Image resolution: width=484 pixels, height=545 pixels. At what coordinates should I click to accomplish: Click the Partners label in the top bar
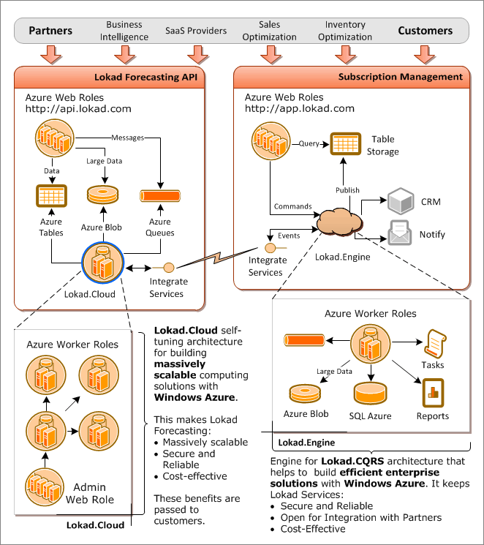50,31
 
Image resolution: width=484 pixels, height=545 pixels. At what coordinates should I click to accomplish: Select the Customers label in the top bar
425,31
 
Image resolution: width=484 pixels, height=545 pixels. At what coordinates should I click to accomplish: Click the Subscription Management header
400,77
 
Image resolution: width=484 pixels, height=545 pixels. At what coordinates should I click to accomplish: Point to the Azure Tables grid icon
51,196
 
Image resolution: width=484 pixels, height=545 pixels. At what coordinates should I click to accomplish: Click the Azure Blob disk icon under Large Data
102,196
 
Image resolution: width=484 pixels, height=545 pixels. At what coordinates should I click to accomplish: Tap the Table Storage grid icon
344,143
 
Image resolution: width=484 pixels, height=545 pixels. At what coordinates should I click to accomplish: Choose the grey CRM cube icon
401,200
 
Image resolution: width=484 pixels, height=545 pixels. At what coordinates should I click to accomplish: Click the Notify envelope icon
401,233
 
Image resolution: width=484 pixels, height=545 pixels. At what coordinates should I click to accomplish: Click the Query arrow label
308,143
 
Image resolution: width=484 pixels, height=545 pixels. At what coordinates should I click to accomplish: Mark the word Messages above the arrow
127,137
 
